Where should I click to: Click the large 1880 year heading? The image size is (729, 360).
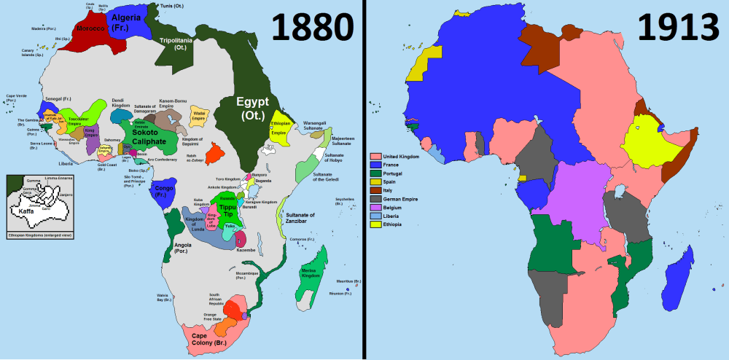(x=313, y=28)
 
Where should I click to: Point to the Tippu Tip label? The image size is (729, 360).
(x=228, y=211)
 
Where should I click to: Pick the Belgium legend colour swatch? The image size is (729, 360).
(x=375, y=208)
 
